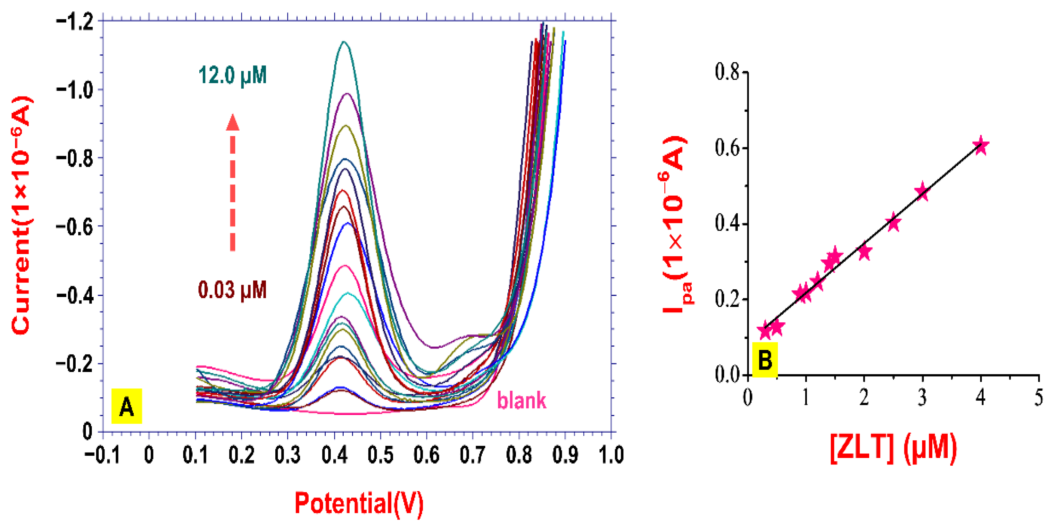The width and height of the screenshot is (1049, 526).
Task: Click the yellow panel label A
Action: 127,406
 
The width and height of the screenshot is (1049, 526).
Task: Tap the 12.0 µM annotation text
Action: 232,75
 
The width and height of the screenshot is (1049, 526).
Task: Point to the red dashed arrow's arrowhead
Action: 232,123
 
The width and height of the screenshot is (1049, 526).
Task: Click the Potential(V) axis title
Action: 359,504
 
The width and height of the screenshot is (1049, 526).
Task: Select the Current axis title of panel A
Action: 21,216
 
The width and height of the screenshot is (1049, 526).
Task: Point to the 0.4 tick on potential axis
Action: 334,454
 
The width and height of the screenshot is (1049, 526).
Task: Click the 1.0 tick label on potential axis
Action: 611,454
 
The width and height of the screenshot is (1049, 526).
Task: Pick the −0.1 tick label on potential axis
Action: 102,454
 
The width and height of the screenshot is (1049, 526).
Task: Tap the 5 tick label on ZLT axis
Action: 1038,397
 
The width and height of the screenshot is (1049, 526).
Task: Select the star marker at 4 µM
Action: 981,146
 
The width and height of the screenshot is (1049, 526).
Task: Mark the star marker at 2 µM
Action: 864,251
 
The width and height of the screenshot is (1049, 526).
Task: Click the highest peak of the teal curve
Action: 344,42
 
